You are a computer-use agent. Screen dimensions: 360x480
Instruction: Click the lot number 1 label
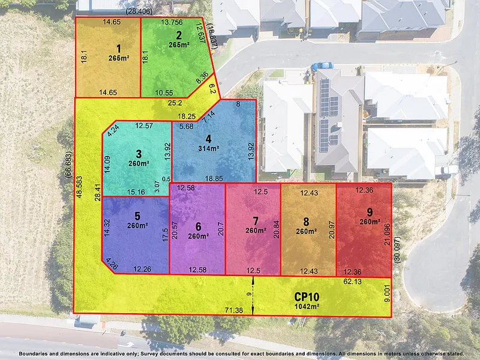pyautogui.click(x=119, y=49)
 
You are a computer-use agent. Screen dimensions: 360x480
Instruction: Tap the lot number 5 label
pyautogui.click(x=137, y=216)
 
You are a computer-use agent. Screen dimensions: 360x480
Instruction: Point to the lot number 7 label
pyautogui.click(x=256, y=221)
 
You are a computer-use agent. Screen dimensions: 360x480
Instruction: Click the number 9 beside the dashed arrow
pyautogui.click(x=248, y=293)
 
